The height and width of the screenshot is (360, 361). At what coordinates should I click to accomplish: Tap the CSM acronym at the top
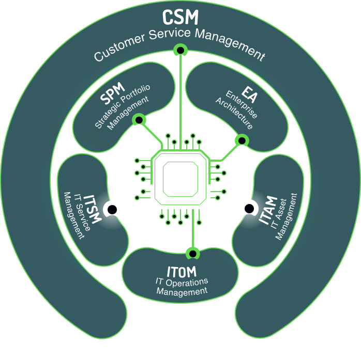click(180, 17)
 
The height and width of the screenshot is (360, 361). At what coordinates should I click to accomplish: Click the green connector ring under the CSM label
click(180, 50)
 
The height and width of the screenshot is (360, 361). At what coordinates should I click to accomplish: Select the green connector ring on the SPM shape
click(138, 120)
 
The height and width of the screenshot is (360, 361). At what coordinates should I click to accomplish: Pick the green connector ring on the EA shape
click(240, 139)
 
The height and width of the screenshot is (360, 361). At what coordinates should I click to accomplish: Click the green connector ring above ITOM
click(192, 253)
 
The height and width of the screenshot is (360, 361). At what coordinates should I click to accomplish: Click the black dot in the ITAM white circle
click(249, 209)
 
